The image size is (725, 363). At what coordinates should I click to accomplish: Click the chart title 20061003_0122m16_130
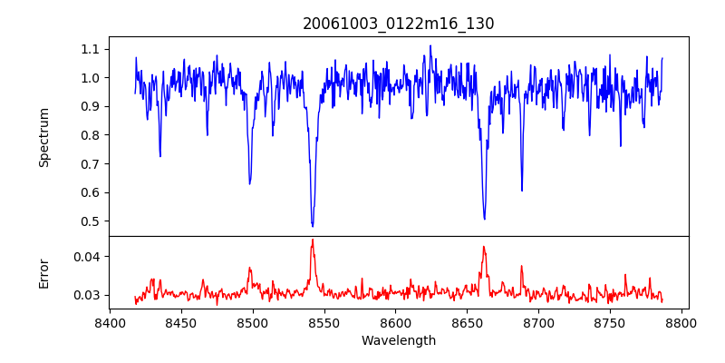point(398,24)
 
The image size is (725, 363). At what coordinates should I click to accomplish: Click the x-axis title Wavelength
point(398,341)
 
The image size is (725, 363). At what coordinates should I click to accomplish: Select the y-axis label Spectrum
point(43,137)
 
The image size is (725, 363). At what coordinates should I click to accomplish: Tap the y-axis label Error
point(43,273)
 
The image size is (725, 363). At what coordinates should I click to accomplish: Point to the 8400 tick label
point(110,322)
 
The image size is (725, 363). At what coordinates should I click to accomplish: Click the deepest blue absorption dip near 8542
point(313,226)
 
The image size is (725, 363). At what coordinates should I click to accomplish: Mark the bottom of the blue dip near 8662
point(484,219)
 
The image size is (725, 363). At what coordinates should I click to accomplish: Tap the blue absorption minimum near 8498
point(250,183)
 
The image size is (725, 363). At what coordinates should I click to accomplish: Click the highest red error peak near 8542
point(313,240)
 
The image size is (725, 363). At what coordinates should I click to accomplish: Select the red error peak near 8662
point(484,246)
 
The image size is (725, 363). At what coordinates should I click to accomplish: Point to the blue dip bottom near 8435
point(160,156)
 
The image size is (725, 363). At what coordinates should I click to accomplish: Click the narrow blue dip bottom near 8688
point(522,191)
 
